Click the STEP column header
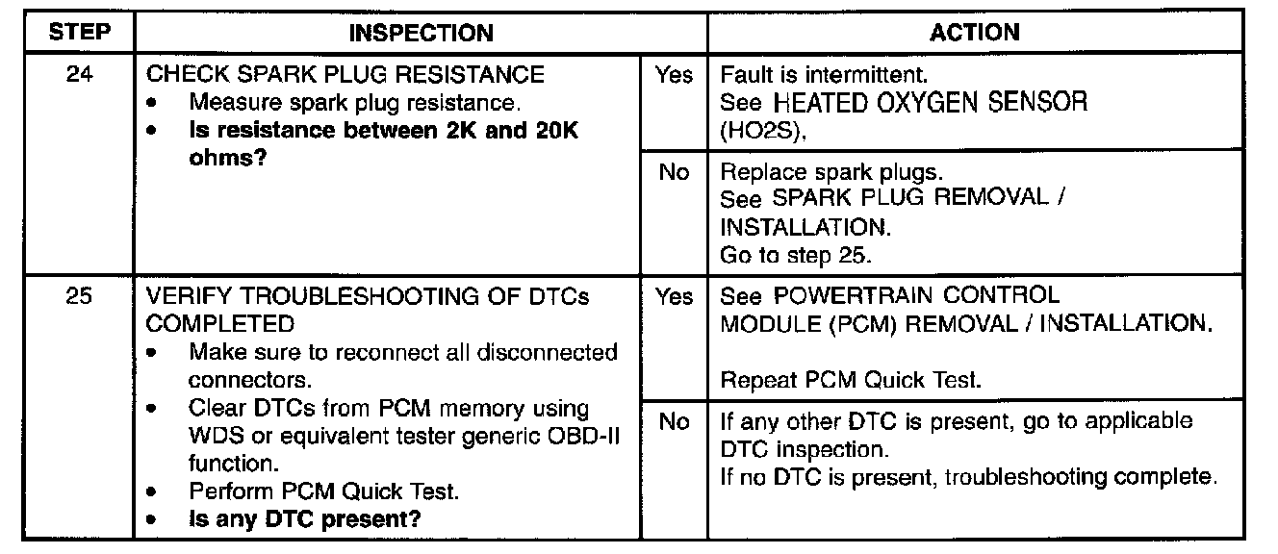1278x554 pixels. (80, 33)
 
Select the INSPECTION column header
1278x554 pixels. (421, 33)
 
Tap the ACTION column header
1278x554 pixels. (975, 33)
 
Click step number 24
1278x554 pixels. (80, 74)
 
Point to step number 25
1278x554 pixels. (80, 296)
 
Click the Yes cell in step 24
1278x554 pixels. (674, 74)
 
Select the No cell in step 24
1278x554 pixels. (674, 172)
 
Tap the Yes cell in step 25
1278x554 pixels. (674, 296)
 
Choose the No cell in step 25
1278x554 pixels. (674, 421)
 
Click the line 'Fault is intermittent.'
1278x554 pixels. (825, 74)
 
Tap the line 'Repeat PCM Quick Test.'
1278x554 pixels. (851, 381)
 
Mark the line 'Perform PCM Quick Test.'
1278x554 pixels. (323, 491)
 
